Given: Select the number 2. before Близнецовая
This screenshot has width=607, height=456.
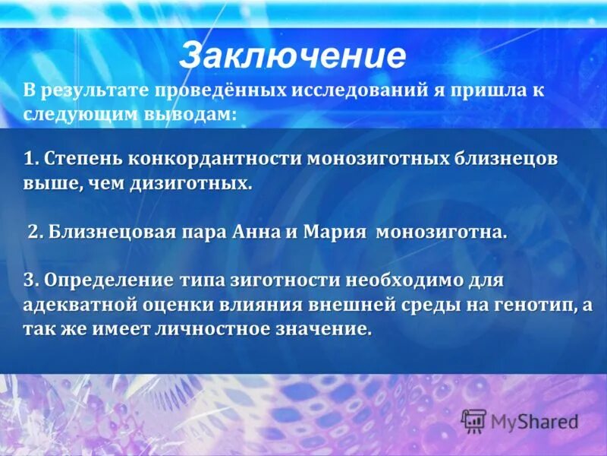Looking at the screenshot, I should click(x=36, y=231).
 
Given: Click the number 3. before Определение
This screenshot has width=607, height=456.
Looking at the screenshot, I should click(x=31, y=280).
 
